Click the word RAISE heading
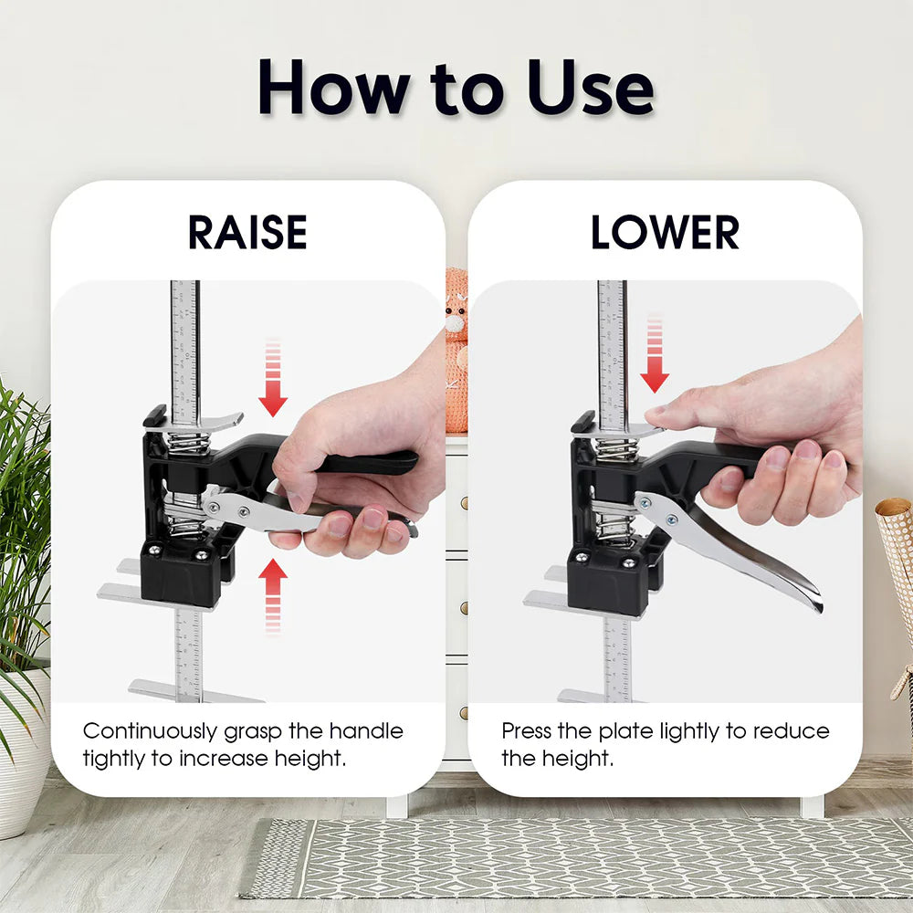point(247,232)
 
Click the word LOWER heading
point(665,232)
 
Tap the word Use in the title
point(591,88)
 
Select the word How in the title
point(334,88)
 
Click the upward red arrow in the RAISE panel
point(273,595)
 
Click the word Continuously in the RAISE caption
point(150,731)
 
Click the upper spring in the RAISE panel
point(188,443)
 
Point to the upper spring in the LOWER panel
point(616,449)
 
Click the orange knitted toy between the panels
point(456,350)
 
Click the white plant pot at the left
point(24,751)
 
